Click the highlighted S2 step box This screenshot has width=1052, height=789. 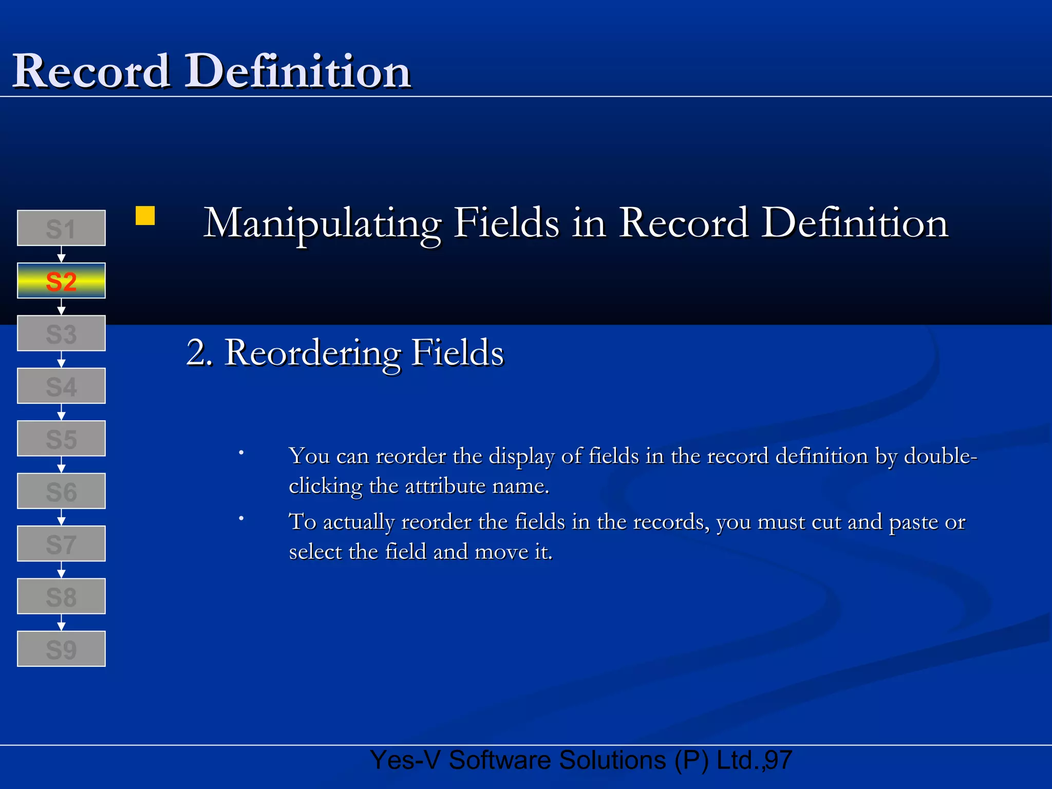(x=61, y=280)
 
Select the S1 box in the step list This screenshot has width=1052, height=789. (x=61, y=228)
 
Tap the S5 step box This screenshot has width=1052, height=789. (x=61, y=439)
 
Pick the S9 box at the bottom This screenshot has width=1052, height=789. (x=61, y=649)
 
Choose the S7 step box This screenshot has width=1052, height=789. (x=61, y=543)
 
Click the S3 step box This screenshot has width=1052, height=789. (x=61, y=333)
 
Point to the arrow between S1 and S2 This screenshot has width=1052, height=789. (x=61, y=254)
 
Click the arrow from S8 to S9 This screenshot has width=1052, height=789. (x=61, y=623)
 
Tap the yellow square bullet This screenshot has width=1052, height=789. (x=145, y=216)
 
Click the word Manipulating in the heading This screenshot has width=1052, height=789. (x=322, y=224)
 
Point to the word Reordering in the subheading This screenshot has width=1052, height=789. (x=313, y=353)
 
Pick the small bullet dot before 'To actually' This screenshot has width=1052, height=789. (x=241, y=519)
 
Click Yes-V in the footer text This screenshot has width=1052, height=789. (x=405, y=760)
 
